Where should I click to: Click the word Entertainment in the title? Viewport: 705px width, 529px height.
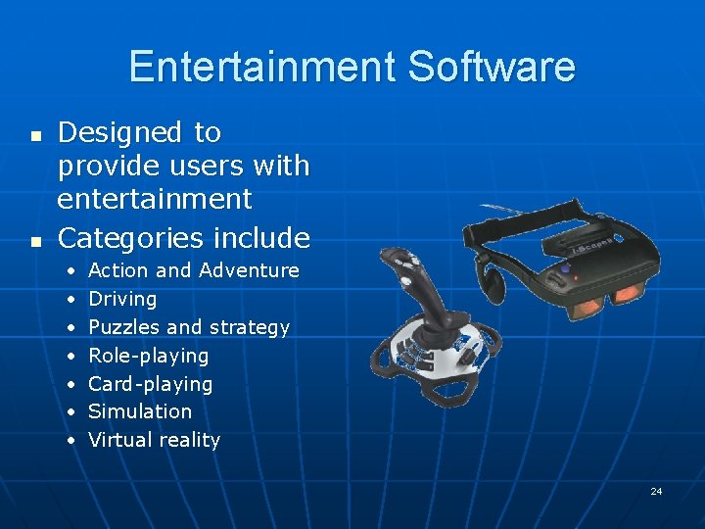262,67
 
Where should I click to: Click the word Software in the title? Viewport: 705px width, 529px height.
492,67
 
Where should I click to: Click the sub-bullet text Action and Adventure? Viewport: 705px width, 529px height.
194,270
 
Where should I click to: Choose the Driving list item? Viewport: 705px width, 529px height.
122,299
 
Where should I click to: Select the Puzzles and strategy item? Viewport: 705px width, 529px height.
189,327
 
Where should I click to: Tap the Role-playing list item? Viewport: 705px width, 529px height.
149,356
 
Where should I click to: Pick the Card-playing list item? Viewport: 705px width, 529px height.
151,384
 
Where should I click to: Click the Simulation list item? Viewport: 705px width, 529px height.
140,411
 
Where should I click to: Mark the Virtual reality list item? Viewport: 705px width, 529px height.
154,440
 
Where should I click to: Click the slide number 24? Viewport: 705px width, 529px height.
656,491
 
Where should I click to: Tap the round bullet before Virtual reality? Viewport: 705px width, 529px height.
72,441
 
